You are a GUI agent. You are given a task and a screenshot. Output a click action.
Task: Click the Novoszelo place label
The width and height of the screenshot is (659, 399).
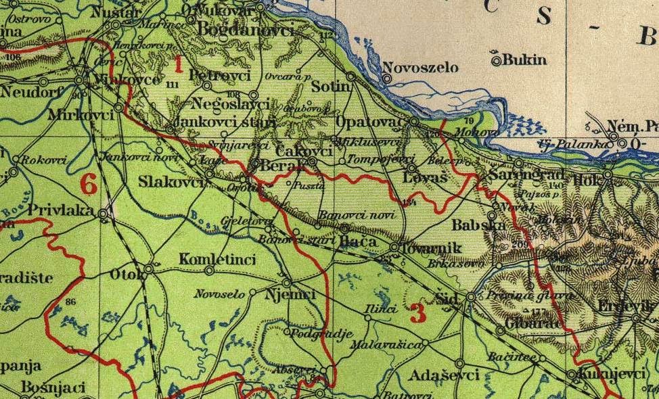pyautogui.click(x=420, y=68)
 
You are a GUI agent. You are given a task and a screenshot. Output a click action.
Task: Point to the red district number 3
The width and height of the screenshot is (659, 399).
pyautogui.click(x=417, y=313)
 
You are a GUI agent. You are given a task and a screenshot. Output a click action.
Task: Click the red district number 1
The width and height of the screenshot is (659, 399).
pyautogui.click(x=179, y=65)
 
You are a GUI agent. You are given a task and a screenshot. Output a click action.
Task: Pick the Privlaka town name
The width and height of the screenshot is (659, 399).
pyautogui.click(x=61, y=211)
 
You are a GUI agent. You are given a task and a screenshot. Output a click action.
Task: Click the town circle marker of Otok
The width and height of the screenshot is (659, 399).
pyautogui.click(x=149, y=268)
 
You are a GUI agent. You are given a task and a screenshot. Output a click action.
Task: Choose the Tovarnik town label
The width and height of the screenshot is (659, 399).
pyautogui.click(x=431, y=248)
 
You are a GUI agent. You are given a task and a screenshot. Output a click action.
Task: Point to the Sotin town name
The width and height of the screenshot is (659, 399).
pyautogui.click(x=331, y=87)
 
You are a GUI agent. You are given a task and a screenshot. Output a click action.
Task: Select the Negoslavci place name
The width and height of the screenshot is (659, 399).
pyautogui.click(x=231, y=104)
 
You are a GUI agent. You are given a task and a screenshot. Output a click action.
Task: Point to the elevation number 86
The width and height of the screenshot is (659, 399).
pyautogui.click(x=71, y=302)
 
